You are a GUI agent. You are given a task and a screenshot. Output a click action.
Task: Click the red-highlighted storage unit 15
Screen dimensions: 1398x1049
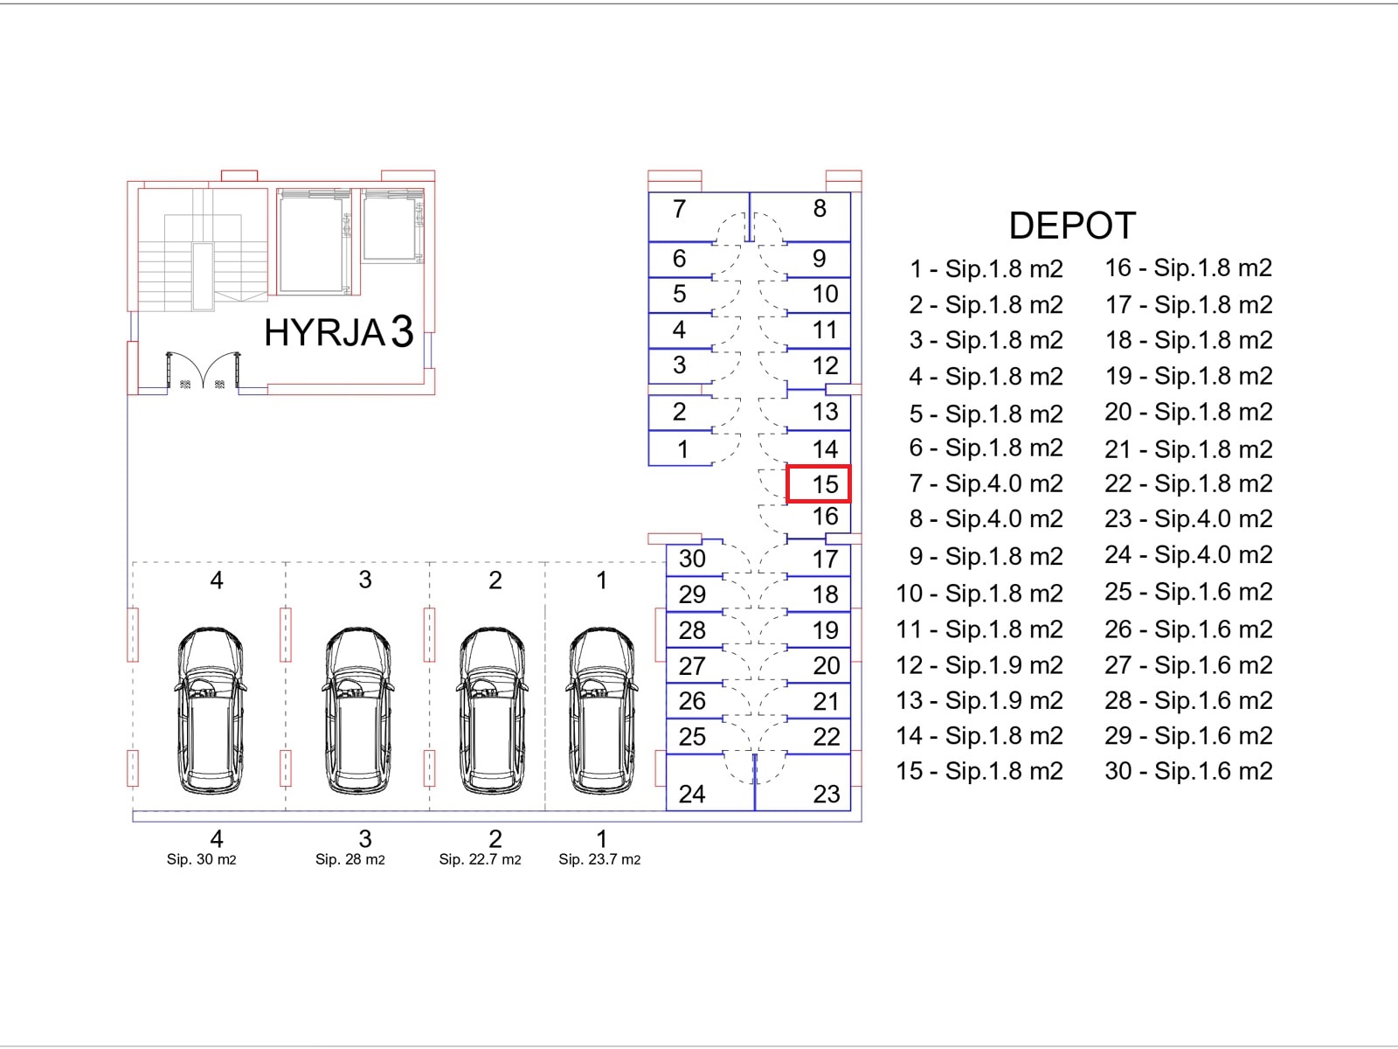819,484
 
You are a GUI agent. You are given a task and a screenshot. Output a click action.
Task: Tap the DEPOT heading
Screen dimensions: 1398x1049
1072,226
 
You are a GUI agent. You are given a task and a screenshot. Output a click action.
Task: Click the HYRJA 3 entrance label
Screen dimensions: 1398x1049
339,332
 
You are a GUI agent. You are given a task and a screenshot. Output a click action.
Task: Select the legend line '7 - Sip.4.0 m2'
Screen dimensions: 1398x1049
986,483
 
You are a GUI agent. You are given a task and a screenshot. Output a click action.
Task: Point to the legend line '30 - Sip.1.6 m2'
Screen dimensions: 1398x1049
1188,771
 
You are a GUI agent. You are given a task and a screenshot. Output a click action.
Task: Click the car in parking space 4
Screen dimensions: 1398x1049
211,710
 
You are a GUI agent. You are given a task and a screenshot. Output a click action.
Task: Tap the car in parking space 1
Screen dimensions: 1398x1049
601,710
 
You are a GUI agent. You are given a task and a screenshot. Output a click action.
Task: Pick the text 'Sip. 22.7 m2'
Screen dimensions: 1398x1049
480,860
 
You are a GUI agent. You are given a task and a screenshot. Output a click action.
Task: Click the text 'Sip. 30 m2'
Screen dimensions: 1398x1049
201,860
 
